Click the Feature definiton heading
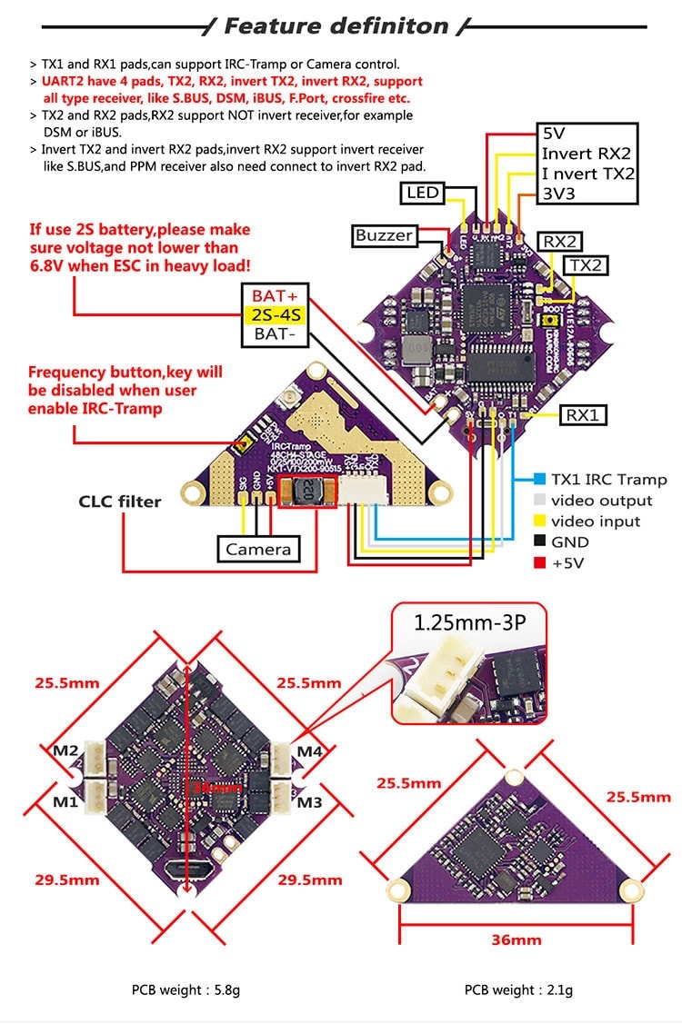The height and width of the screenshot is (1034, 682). pos(336,26)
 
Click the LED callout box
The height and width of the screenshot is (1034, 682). pos(423,193)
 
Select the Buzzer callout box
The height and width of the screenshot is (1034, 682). pos(384,236)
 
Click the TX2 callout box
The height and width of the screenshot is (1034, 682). pos(586,264)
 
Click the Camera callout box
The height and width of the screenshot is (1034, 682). pos(258,549)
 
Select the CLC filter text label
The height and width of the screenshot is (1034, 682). pos(120,501)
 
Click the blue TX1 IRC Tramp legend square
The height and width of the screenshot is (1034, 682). pos(540,480)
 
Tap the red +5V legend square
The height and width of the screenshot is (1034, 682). pos(540,563)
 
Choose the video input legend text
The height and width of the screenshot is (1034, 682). pos(596,522)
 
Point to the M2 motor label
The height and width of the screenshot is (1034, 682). pos(64,751)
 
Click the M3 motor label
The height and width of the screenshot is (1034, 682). pos(310,802)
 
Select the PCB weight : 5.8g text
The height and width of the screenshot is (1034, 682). pos(186,989)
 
